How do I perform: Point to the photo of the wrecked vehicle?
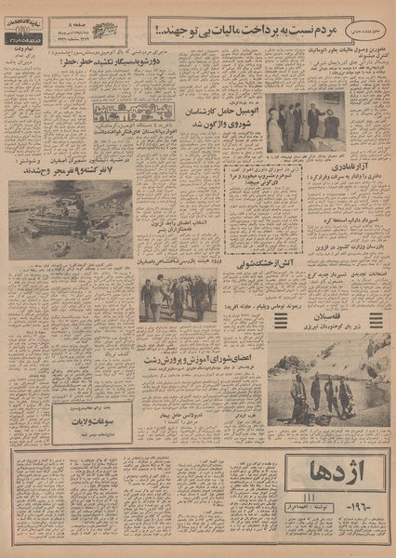point(70,219)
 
